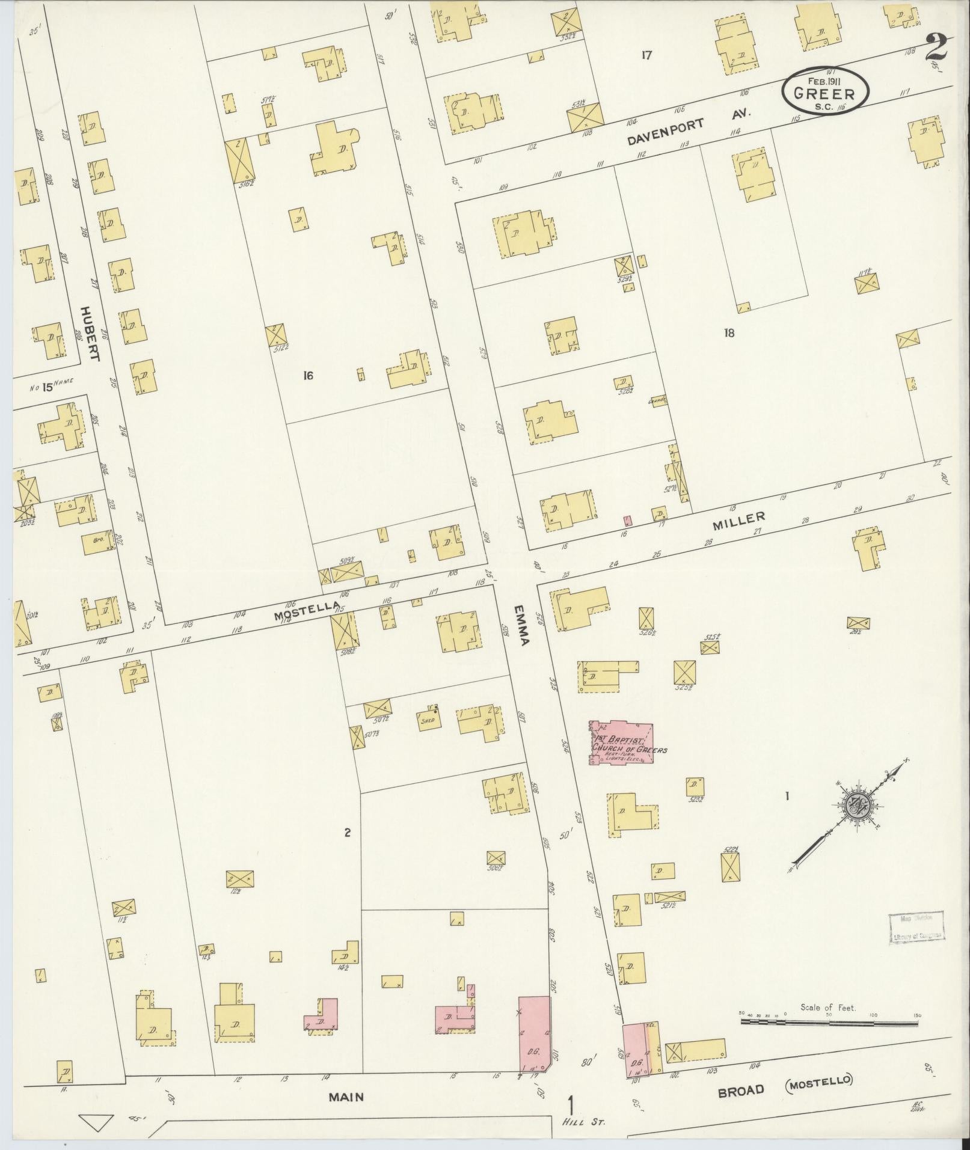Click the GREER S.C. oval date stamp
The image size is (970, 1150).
tap(825, 91)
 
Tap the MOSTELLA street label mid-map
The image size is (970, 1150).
tap(302, 613)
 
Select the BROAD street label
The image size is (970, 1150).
tap(741, 1074)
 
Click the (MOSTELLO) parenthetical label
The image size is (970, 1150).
tap(819, 1064)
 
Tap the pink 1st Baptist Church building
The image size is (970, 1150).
tap(622, 742)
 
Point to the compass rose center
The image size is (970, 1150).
tap(855, 804)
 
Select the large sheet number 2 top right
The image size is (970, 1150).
tap(936, 47)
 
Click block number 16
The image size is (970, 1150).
tap(308, 376)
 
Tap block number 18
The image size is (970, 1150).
tap(729, 332)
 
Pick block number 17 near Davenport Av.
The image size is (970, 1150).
tap(646, 55)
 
